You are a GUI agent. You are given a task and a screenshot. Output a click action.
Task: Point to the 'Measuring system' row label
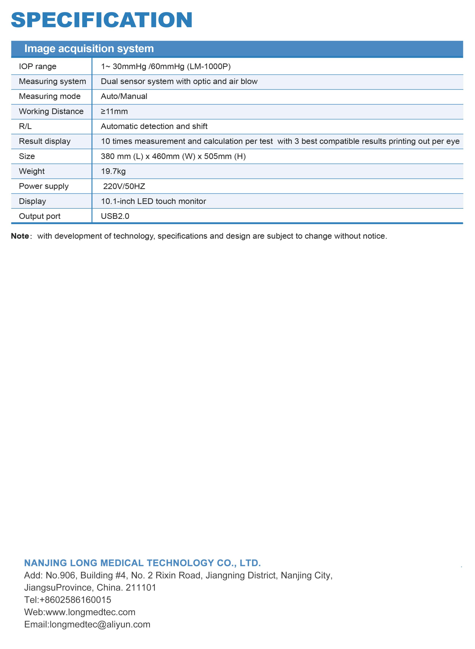click(52, 81)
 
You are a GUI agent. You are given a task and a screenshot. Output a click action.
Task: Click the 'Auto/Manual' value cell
click(124, 96)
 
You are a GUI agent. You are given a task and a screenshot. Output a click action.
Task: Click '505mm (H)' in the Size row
click(225, 156)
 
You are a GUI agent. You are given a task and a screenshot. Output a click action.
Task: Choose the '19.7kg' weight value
click(113, 171)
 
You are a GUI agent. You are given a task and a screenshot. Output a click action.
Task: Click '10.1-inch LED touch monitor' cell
click(153, 201)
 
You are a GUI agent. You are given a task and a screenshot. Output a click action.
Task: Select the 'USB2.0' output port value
click(115, 216)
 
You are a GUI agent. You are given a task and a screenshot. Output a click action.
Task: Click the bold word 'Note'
click(20, 236)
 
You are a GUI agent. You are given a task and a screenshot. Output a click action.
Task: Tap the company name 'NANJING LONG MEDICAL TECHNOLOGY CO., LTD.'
click(142, 563)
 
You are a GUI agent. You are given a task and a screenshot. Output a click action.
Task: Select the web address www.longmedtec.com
click(90, 612)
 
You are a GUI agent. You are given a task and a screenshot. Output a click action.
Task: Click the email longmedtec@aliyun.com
click(100, 624)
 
